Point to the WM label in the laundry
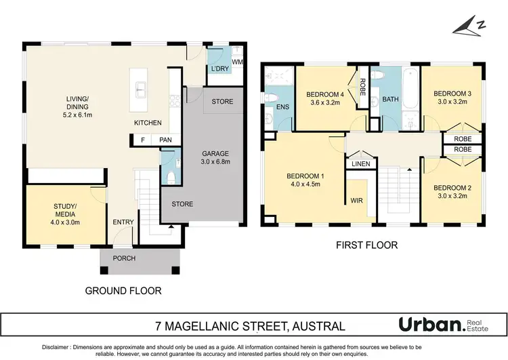coord(237,62)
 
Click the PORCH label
coord(125,259)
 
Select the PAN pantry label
coord(166,140)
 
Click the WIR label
coord(357,201)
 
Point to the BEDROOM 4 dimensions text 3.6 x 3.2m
coord(326,104)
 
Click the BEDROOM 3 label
coord(452,94)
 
